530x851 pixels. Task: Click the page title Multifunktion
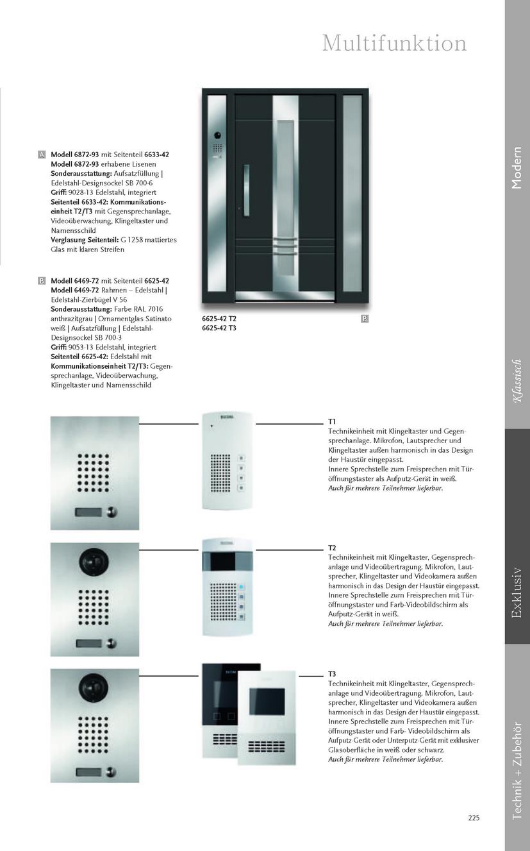coord(393,44)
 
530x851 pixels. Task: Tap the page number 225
coord(474,818)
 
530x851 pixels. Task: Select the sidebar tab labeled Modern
coord(517,168)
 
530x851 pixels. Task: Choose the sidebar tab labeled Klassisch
coord(517,382)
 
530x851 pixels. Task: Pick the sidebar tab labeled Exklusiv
coord(517,592)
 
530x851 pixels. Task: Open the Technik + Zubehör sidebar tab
coord(517,770)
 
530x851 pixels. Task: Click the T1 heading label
coord(332,421)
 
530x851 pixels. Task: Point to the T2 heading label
coord(332,548)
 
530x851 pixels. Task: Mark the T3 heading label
coord(332,674)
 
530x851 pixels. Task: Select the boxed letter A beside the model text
coord(42,155)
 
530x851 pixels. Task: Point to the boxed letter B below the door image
coord(364,319)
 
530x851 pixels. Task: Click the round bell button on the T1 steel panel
coord(113,512)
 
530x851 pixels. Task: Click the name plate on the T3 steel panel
coord(90,771)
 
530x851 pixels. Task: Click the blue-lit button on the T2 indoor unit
coord(242,587)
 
